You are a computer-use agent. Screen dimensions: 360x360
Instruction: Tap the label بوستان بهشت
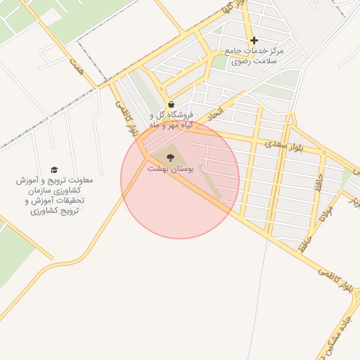(x=169, y=169)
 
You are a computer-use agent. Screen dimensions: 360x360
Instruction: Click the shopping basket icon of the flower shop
(x=172, y=104)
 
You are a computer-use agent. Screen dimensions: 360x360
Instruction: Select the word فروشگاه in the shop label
(x=183, y=115)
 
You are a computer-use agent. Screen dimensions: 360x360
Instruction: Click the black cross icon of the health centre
(x=254, y=40)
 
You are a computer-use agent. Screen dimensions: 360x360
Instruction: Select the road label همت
(x=75, y=68)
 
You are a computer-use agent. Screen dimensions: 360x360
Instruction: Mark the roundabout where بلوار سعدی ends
(x=324, y=152)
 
